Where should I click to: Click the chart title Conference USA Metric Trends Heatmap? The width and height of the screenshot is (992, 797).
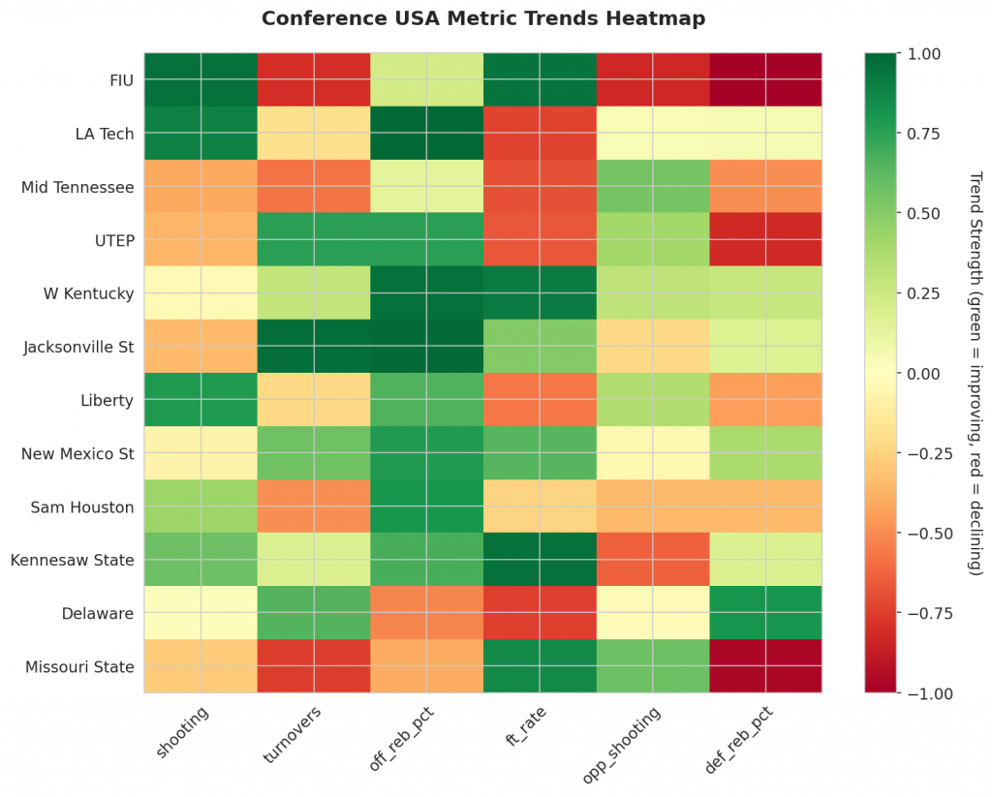click(482, 18)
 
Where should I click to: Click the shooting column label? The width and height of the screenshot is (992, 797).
click(183, 730)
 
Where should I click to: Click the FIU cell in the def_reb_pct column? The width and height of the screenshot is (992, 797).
click(765, 78)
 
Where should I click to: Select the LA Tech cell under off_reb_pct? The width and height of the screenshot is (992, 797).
click(426, 132)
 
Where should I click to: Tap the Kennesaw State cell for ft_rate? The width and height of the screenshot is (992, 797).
click(540, 560)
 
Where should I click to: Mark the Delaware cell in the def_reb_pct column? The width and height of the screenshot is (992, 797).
click(765, 613)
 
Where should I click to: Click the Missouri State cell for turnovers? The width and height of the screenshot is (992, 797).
click(314, 666)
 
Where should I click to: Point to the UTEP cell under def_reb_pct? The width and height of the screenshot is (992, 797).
click(765, 239)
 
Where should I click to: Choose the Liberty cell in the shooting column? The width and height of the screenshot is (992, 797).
click(201, 399)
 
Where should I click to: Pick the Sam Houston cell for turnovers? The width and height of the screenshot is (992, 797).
click(314, 506)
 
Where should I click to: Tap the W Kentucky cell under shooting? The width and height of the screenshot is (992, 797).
click(201, 292)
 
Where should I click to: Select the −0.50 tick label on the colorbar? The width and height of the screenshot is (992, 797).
click(920, 534)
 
